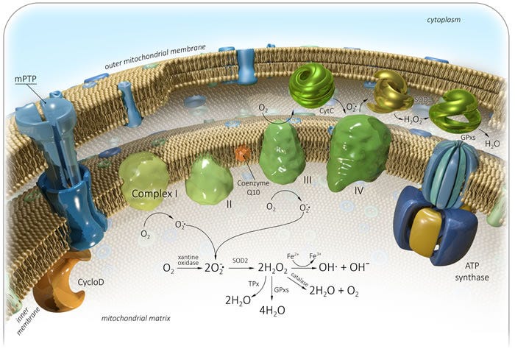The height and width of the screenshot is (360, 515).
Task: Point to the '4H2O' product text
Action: [271, 310]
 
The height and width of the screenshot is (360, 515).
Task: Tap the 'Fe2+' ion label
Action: [291, 255]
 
